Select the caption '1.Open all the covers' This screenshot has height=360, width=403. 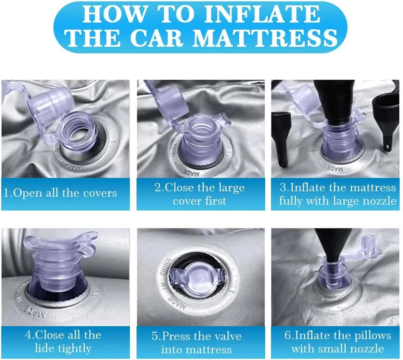[x=60, y=193]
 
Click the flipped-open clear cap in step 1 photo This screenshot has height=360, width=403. [x=49, y=103]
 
